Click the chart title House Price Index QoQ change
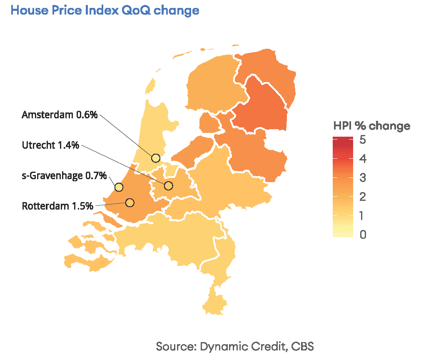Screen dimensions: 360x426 (105, 10)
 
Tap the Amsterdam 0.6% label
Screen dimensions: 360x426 (60, 115)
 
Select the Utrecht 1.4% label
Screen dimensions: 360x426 (50, 145)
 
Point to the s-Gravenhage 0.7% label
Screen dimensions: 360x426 (64, 175)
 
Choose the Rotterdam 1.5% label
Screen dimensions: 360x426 (57, 206)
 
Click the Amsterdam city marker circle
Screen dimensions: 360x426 (156, 158)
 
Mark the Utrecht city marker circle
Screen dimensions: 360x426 (168, 186)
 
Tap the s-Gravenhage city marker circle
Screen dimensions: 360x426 (119, 187)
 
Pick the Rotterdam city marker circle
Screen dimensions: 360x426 (130, 202)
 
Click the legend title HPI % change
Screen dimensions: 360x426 (371, 126)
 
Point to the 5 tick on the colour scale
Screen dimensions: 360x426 (362, 140)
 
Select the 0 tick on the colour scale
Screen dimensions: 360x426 (362, 235)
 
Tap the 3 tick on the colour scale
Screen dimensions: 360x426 (362, 178)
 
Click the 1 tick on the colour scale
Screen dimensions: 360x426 (362, 216)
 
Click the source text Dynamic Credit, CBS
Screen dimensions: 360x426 (235, 346)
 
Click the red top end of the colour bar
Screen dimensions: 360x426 (343, 140)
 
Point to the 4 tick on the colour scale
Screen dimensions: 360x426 (362, 159)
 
